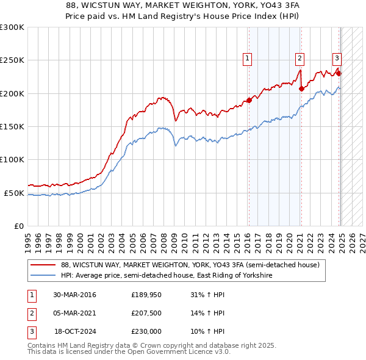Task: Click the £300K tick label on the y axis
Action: tap(12, 27)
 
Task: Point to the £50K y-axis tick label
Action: tap(14, 193)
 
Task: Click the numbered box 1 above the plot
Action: tap(248, 59)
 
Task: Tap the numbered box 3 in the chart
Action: tap(336, 59)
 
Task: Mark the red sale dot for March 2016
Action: tap(249, 101)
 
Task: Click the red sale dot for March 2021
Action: tap(301, 89)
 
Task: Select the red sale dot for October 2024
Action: tap(339, 74)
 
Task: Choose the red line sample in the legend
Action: tap(42, 265)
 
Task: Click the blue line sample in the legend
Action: tap(42, 276)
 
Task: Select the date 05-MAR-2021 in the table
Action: tap(75, 314)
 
